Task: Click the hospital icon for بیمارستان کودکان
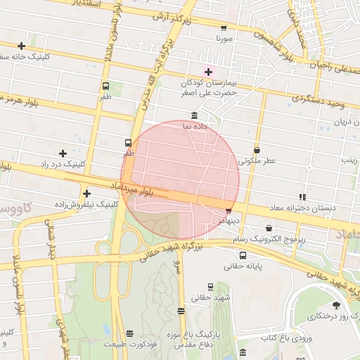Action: (207, 70)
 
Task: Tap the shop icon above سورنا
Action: (224, 28)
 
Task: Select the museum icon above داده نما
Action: (194, 116)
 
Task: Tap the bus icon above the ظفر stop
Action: (127, 141)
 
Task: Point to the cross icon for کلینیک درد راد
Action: (63, 153)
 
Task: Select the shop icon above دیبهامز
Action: (228, 210)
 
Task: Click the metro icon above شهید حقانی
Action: (209, 286)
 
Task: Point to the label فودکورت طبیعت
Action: (128, 344)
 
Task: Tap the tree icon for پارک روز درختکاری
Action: (335, 305)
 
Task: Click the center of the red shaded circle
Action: (180, 180)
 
